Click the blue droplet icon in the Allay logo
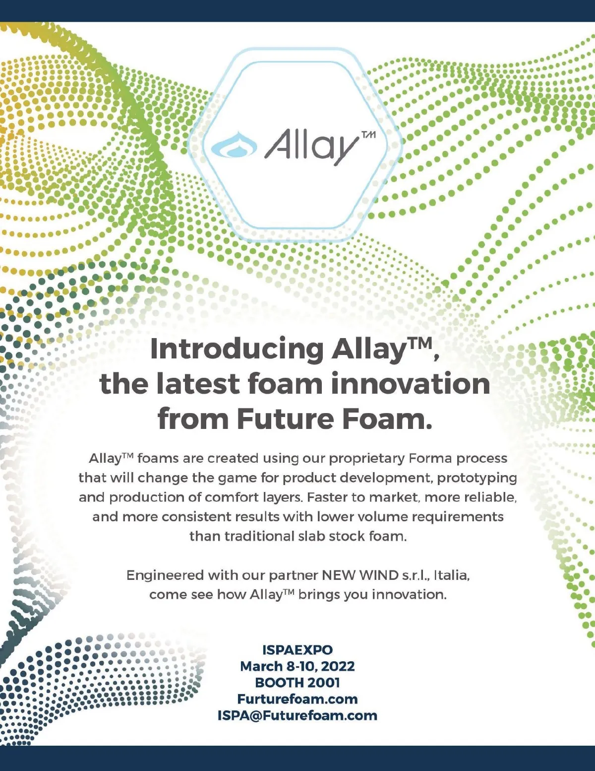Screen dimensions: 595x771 (x=234, y=145)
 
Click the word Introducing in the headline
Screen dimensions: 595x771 (x=237, y=349)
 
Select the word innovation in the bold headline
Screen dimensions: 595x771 (x=411, y=384)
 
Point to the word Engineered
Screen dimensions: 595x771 (x=165, y=575)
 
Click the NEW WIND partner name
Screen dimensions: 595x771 (x=360, y=575)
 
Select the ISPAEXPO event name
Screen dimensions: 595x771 (x=297, y=650)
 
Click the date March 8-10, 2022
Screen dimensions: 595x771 (x=297, y=666)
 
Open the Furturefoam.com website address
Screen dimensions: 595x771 (x=297, y=699)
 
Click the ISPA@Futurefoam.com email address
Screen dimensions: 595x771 (x=297, y=715)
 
